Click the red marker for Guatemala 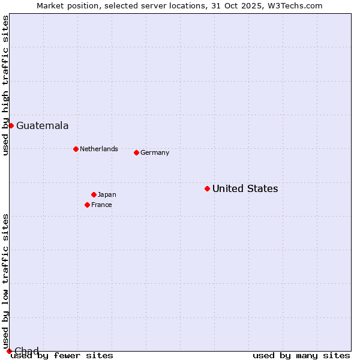[11, 125]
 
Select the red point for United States [207, 188]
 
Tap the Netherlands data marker [76, 149]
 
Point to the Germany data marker [136, 152]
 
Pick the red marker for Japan [94, 194]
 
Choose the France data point [87, 205]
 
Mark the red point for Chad [8, 351]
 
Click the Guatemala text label [42, 126]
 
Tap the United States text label [245, 189]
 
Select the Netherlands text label [98, 149]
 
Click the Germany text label [155, 152]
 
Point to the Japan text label [107, 194]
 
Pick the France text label [101, 205]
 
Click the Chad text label [26, 351]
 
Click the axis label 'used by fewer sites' [62, 356]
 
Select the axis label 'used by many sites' [301, 356]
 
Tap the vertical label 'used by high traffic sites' [5, 85]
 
